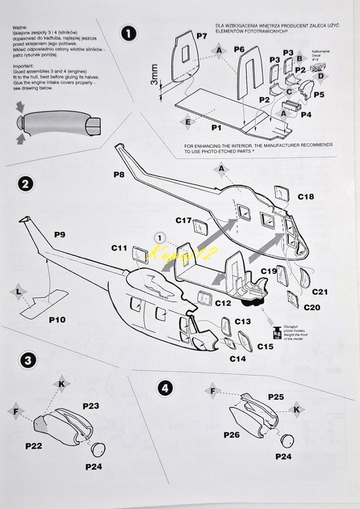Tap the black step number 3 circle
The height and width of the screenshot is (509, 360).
[x=28, y=361]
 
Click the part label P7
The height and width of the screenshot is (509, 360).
[x=202, y=36]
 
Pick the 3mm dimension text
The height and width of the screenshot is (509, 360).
[x=154, y=74]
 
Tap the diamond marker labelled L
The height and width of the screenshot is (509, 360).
[x=18, y=292]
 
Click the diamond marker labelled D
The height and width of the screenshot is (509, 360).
[x=320, y=76]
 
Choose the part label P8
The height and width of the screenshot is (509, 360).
[x=119, y=174]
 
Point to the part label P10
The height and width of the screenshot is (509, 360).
[x=57, y=320]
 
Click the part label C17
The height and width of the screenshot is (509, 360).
[x=184, y=220]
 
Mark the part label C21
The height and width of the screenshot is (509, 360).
[x=319, y=292]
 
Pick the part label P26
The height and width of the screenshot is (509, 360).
[x=231, y=435]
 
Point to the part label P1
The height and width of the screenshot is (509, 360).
[x=216, y=128]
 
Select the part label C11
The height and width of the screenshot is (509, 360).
[x=119, y=247]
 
